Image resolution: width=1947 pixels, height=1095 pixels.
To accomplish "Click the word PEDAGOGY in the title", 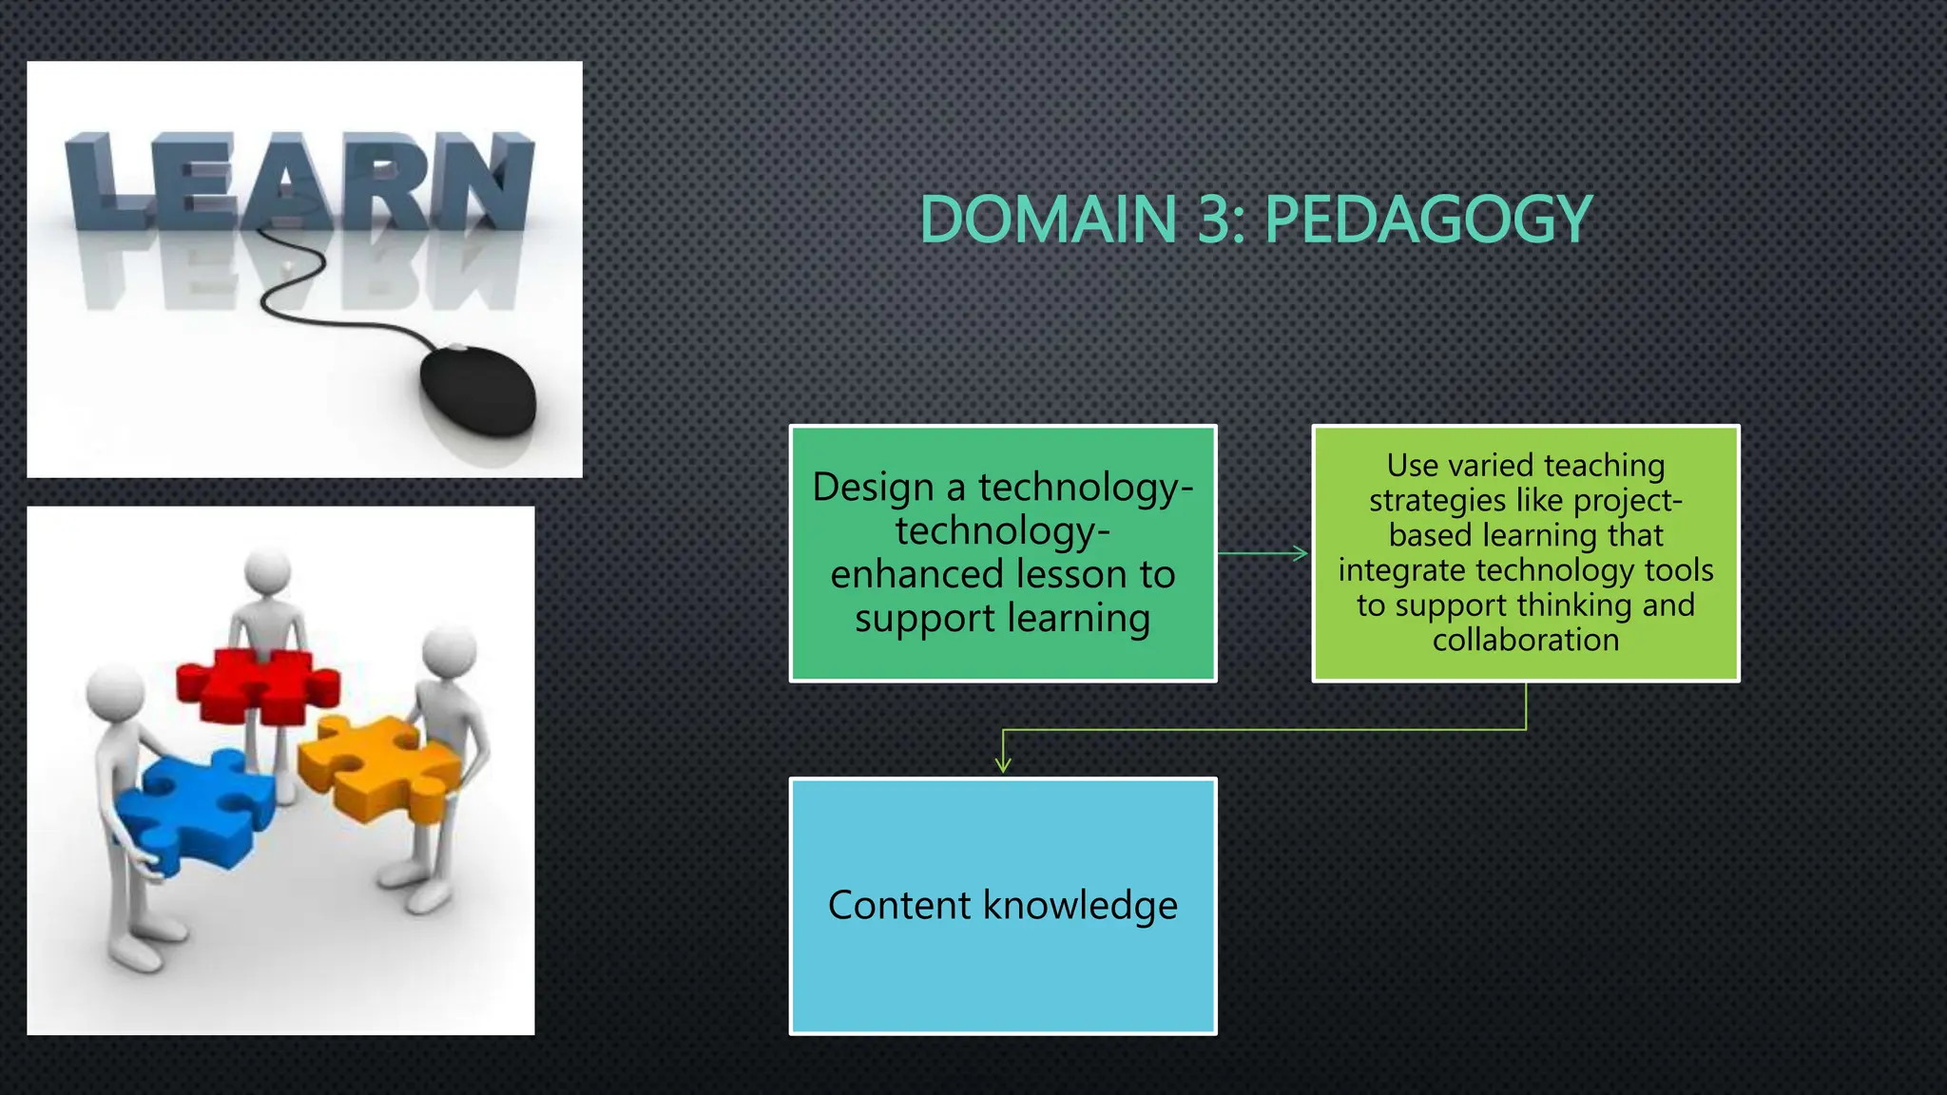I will point(1428,220).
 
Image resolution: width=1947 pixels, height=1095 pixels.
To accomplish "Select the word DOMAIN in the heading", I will point(1049,220).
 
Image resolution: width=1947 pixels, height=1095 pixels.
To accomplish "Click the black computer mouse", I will point(478,391).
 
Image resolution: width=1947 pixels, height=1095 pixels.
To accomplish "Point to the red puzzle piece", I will point(257,682).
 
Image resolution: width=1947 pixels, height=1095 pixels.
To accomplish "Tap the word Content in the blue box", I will point(898,905).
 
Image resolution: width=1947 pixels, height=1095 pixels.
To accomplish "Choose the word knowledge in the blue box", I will point(1081,905).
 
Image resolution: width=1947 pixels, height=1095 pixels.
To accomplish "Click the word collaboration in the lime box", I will point(1526,640).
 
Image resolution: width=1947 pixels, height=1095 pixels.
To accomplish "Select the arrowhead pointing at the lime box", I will point(1301,553).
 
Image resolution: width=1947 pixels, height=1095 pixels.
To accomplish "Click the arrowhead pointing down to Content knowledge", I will point(1003,765).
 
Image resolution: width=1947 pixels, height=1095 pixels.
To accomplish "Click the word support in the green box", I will point(924,619).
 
